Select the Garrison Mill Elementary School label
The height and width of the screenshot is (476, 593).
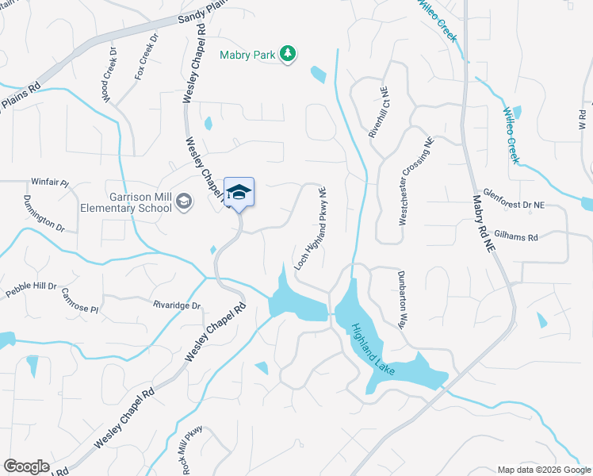126,202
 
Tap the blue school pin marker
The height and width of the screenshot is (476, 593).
239,193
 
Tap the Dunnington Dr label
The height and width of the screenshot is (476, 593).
44,213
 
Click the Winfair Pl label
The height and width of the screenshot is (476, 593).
50,181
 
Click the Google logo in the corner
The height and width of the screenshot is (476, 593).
26,466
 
